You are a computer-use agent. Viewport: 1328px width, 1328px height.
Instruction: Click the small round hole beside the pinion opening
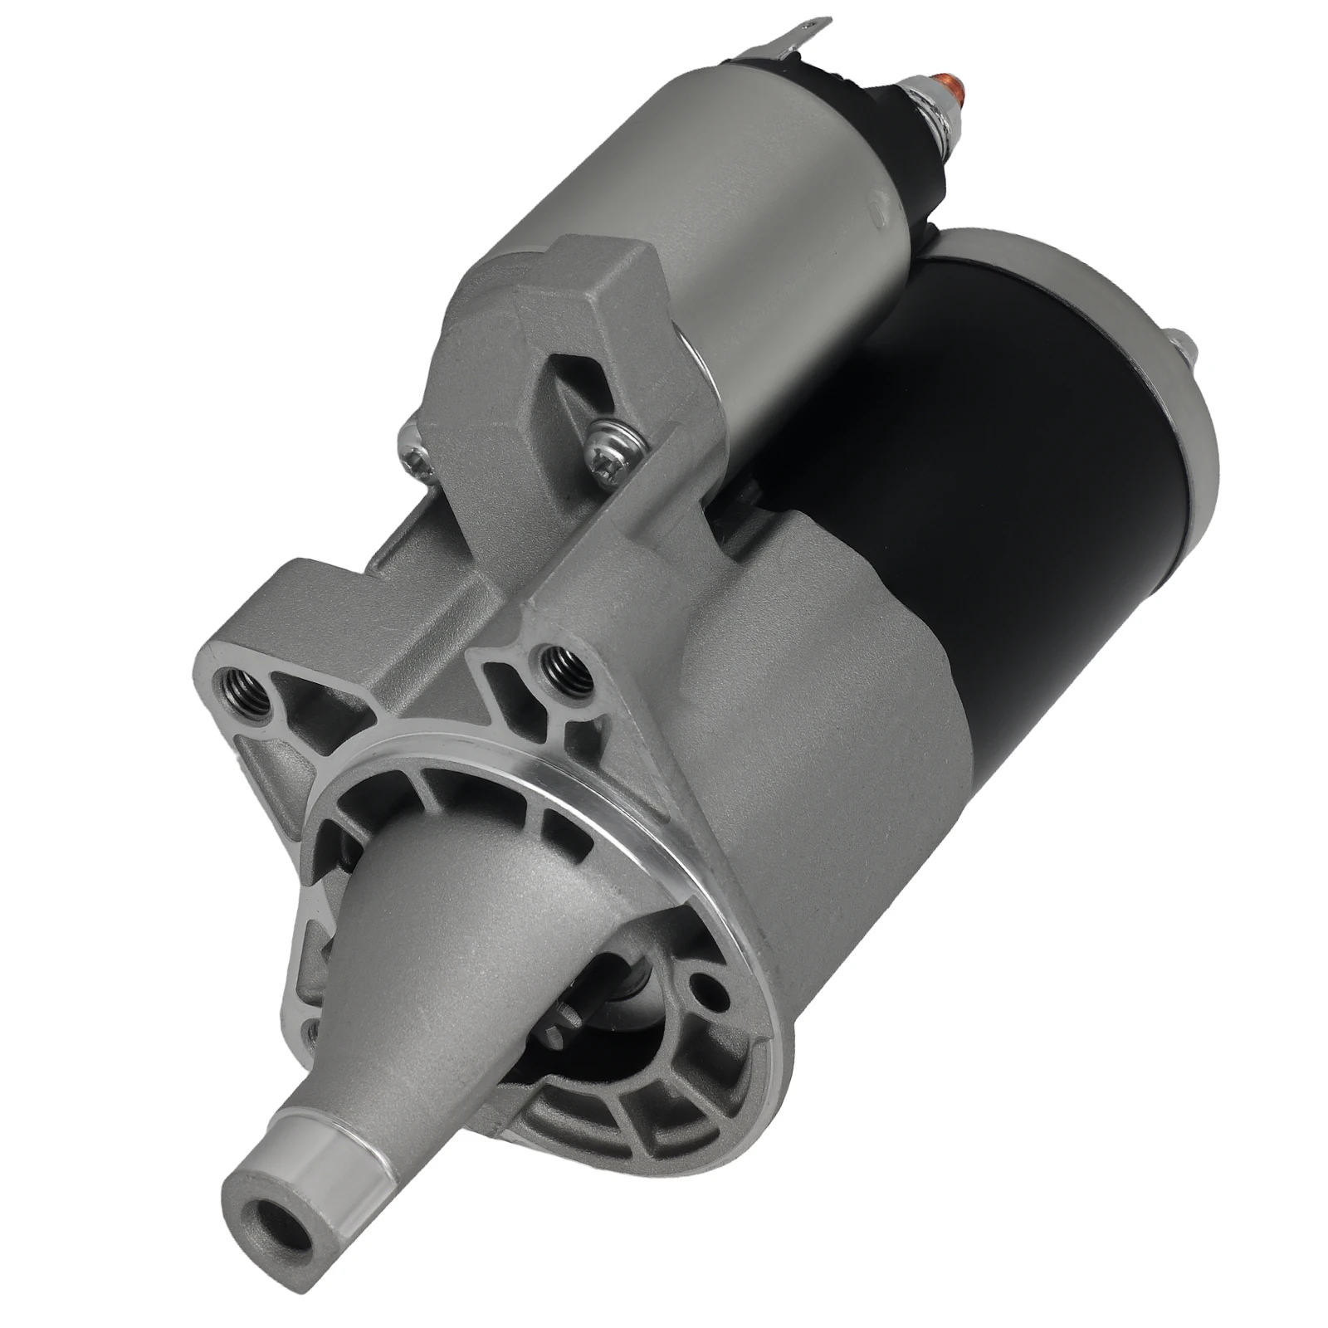[705, 988]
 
